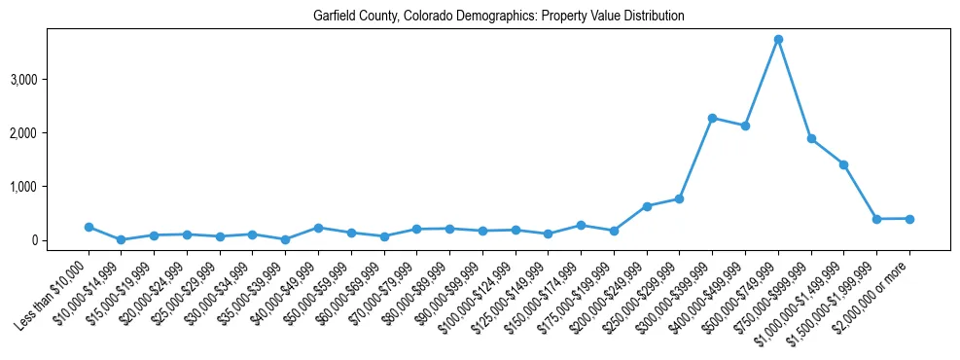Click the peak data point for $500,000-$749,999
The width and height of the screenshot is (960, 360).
(778, 39)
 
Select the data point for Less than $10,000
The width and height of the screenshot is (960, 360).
(89, 227)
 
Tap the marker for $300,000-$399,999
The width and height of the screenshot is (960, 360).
(712, 118)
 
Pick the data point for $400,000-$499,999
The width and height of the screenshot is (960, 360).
(745, 126)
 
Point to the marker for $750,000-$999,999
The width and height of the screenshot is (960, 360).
(811, 138)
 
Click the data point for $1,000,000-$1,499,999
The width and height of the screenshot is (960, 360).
(844, 164)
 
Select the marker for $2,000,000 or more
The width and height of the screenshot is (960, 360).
(909, 219)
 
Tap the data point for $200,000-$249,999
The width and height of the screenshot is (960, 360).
(647, 206)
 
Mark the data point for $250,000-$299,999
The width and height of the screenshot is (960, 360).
(680, 198)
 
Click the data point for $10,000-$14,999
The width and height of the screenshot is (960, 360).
(122, 239)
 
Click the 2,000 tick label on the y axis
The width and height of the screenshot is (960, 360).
(53, 132)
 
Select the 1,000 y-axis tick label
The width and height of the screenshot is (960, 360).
(53, 186)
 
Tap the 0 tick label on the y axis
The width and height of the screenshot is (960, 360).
(60, 240)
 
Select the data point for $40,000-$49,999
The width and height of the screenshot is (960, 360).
(318, 228)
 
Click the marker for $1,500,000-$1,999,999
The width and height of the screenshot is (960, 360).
(876, 219)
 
